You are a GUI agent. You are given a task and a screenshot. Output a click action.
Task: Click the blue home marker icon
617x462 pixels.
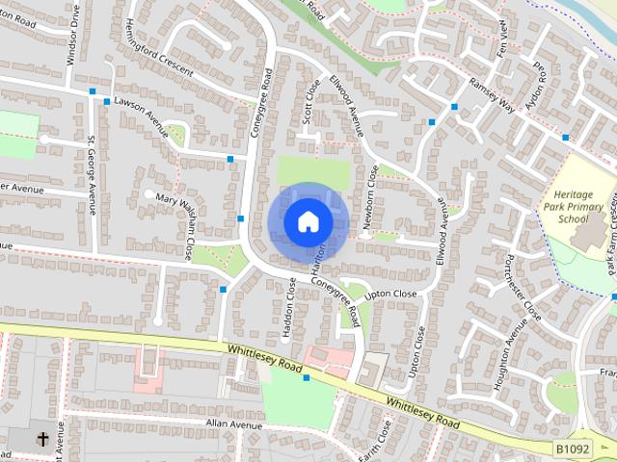coord(308,222)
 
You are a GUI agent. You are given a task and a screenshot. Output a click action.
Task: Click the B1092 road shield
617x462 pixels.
coord(573,449)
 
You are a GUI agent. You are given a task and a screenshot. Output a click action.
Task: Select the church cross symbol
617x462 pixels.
coord(42,440)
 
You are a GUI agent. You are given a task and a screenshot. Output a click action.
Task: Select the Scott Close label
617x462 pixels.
coord(310,100)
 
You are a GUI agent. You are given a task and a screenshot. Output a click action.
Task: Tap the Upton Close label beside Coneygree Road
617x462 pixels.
coord(390,294)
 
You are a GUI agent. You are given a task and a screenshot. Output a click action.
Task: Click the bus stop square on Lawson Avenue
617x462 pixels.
coord(93,92)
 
